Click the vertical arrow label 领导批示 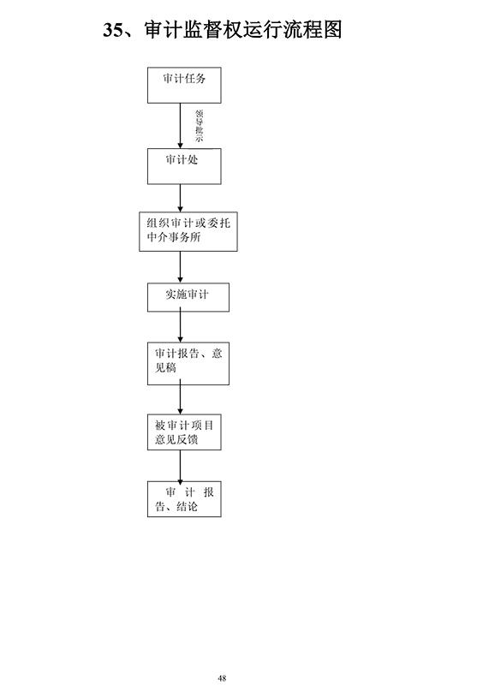pos(200,126)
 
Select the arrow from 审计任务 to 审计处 pos(180,126)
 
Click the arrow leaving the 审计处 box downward pos(180,199)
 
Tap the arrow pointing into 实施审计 pos(180,267)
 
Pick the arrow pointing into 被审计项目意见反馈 pos(180,396)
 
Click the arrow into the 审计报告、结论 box pos(180,466)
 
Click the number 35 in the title pos(113,30)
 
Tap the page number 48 pos(222,678)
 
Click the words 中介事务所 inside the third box pos(174,237)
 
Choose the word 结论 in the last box pos(187,506)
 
